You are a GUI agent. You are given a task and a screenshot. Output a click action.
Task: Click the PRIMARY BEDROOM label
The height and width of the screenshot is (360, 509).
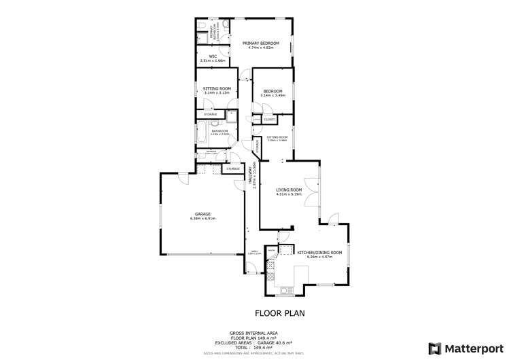(x=262, y=43)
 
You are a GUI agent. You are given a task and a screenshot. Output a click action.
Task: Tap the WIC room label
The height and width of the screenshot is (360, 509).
(x=213, y=56)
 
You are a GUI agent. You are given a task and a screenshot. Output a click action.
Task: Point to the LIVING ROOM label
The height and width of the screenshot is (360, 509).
(x=289, y=190)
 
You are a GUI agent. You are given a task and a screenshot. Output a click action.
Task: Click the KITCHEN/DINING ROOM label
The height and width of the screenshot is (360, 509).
(x=319, y=253)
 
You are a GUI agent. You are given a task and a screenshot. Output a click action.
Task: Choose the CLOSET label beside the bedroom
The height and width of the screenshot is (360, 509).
(x=269, y=120)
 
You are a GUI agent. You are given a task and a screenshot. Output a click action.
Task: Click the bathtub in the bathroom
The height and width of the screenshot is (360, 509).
(x=201, y=134)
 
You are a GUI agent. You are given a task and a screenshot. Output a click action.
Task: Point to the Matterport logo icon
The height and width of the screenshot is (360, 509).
(x=434, y=348)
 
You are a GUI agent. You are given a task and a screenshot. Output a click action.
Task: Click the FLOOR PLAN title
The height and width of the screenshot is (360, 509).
(x=279, y=314)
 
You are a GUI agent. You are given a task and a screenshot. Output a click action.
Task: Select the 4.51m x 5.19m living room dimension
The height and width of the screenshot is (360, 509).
(x=289, y=194)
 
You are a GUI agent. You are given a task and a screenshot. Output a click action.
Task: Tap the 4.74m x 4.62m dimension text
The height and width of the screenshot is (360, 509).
(x=262, y=48)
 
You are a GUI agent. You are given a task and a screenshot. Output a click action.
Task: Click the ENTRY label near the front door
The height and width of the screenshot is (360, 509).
(x=254, y=251)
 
